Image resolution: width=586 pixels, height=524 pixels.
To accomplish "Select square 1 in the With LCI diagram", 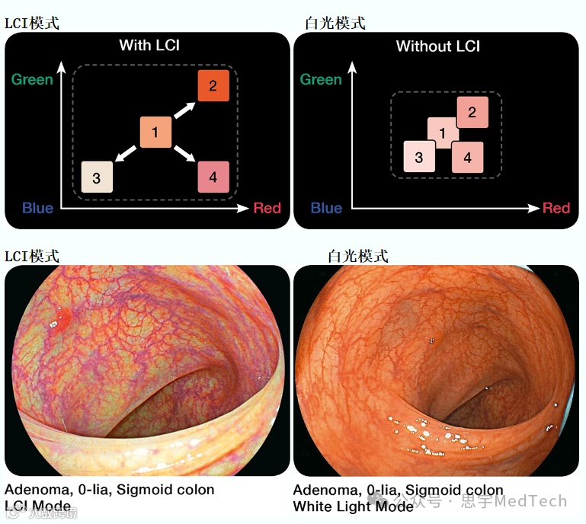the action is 155,133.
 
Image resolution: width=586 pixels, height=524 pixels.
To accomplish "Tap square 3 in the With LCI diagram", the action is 97,177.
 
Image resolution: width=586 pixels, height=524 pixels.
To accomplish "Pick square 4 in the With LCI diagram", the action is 213,177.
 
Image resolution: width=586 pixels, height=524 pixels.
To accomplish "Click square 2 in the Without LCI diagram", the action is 472,113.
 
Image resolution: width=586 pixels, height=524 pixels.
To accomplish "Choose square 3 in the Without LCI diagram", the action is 419,158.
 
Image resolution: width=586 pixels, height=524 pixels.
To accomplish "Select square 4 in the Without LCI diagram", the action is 467,158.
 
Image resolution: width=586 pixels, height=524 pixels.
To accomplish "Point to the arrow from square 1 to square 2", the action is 184,109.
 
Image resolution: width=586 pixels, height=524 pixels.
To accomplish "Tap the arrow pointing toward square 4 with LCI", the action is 184,155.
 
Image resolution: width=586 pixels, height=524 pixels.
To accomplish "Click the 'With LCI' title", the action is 150,46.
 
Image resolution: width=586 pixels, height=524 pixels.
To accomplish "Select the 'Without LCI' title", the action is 437,46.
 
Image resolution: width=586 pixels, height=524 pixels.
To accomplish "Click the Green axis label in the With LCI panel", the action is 32,79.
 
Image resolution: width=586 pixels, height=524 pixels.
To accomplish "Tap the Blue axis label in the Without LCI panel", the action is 326,208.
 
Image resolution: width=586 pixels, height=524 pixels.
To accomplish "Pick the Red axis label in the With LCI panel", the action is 267,208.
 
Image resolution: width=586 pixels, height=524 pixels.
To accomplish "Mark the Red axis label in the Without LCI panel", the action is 556,208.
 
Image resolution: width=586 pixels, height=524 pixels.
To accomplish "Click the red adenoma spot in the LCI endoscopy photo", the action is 64,315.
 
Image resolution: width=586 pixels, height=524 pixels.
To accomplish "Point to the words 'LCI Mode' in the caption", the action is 37,506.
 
